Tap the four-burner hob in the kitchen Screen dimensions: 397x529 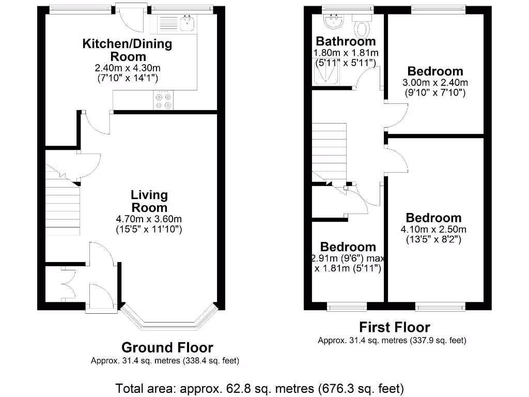click(163, 100)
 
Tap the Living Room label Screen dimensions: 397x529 click(149, 201)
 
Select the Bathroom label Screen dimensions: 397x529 click(346, 41)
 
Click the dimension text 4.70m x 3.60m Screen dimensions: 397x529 click(149, 219)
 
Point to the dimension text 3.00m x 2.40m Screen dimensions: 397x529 click(435, 83)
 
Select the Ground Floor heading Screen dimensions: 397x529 click(167, 347)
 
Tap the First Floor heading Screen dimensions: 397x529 click(394, 327)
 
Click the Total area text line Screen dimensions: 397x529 click(259, 388)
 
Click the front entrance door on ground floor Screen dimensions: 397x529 click(101, 297)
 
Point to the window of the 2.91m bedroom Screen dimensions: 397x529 click(347, 308)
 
